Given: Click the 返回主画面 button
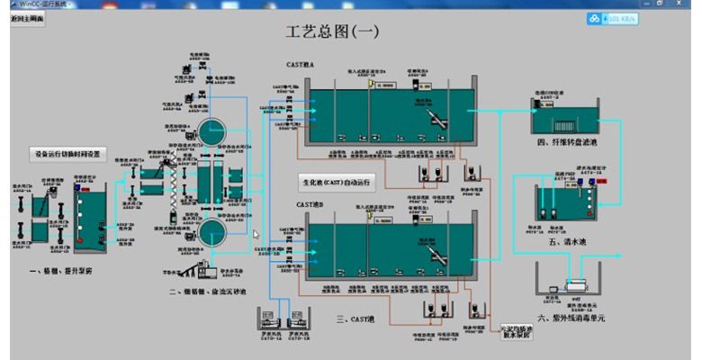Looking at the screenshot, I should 28,19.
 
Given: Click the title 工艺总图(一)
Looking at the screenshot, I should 333,31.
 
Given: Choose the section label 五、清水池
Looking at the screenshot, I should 565,240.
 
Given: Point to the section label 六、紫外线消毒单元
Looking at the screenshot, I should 575,318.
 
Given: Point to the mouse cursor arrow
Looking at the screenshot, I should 255,235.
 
